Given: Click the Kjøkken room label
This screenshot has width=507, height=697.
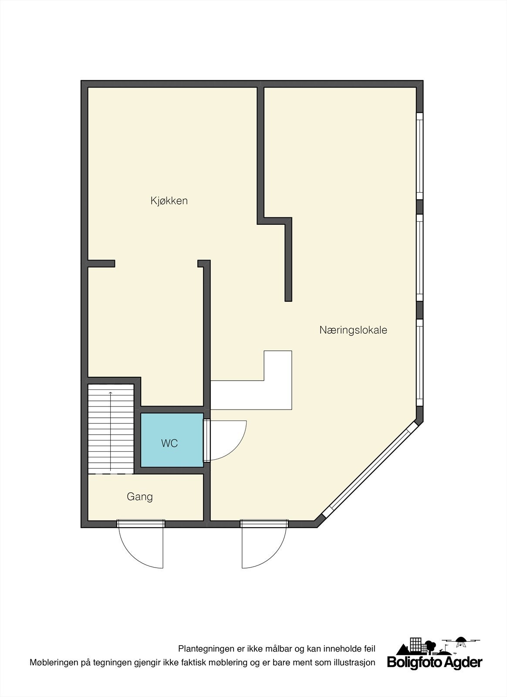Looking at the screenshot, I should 169,201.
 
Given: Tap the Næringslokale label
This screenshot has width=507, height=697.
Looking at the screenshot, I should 353,330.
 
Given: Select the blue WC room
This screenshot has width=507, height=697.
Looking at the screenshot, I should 172,440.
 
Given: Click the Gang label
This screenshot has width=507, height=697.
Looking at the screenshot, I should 140,497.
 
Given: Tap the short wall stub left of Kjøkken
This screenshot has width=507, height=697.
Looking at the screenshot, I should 101,264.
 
